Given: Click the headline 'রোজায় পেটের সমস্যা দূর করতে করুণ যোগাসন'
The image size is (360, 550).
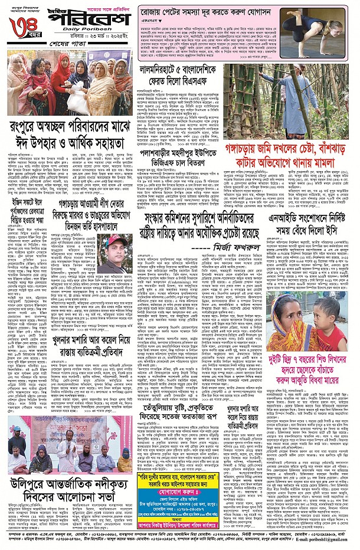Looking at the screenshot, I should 205,11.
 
